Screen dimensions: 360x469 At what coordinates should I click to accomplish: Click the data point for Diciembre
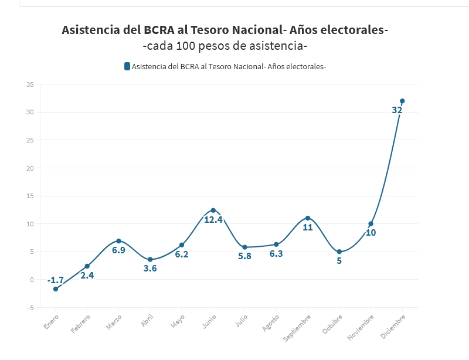pyautogui.click(x=402, y=101)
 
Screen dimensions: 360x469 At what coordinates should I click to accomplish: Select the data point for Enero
pyautogui.click(x=56, y=289)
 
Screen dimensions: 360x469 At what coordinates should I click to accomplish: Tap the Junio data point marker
pyautogui.click(x=213, y=210)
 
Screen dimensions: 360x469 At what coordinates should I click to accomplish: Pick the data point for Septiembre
pyautogui.click(x=308, y=218)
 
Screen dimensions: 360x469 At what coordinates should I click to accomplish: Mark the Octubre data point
pyautogui.click(x=339, y=252)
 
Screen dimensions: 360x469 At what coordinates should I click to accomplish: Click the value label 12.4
pyautogui.click(x=213, y=219)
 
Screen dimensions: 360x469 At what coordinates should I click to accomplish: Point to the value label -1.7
pyautogui.click(x=56, y=280)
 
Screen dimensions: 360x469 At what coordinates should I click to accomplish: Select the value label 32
pyautogui.click(x=397, y=110)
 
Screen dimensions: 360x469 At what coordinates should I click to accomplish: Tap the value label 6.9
pyautogui.click(x=118, y=250)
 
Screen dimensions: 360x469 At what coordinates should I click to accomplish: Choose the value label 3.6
pyautogui.click(x=150, y=269)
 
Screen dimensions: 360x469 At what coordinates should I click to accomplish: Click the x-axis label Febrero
pyautogui.click(x=81, y=323)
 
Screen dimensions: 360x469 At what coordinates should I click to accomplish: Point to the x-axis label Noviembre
pyautogui.click(x=361, y=325)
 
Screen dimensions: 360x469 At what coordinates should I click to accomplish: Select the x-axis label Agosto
pyautogui.click(x=271, y=322)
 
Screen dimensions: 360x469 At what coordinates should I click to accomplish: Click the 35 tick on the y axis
pyautogui.click(x=30, y=84)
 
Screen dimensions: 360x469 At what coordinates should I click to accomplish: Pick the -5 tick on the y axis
pyautogui.click(x=30, y=307)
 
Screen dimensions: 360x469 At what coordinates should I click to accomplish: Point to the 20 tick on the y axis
pyautogui.click(x=30, y=168)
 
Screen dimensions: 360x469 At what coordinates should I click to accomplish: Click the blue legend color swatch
pyautogui.click(x=127, y=66)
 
